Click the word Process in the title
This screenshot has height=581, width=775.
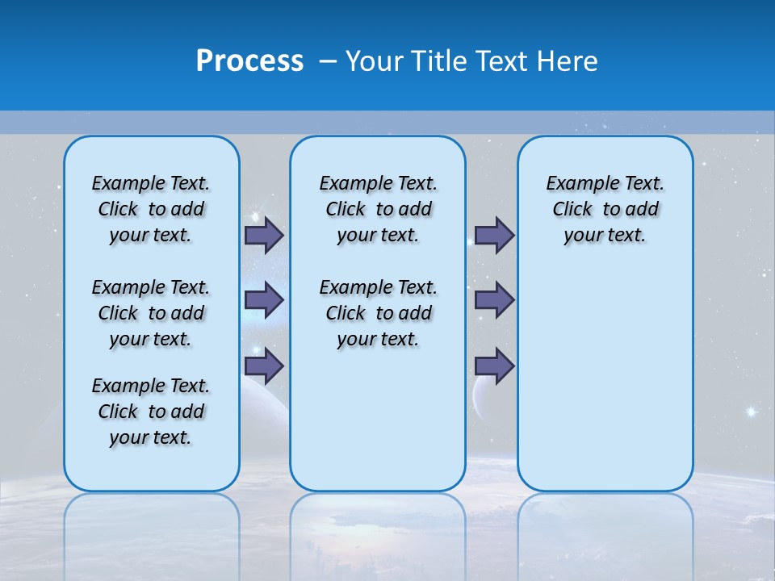click(249, 61)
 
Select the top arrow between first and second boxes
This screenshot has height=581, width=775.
click(263, 236)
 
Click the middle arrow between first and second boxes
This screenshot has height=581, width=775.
click(263, 300)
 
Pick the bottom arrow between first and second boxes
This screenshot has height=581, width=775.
click(263, 366)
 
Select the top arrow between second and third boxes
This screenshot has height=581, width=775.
click(494, 236)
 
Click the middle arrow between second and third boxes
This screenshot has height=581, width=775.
click(494, 300)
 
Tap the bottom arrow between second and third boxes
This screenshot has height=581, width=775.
click(494, 366)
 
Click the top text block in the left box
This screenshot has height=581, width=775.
click(151, 209)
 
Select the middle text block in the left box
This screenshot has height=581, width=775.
click(151, 313)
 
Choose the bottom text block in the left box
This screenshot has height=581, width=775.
click(151, 412)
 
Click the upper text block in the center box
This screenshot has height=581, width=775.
click(378, 209)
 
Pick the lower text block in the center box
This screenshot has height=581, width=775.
click(378, 313)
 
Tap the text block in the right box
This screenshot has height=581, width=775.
click(605, 209)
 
